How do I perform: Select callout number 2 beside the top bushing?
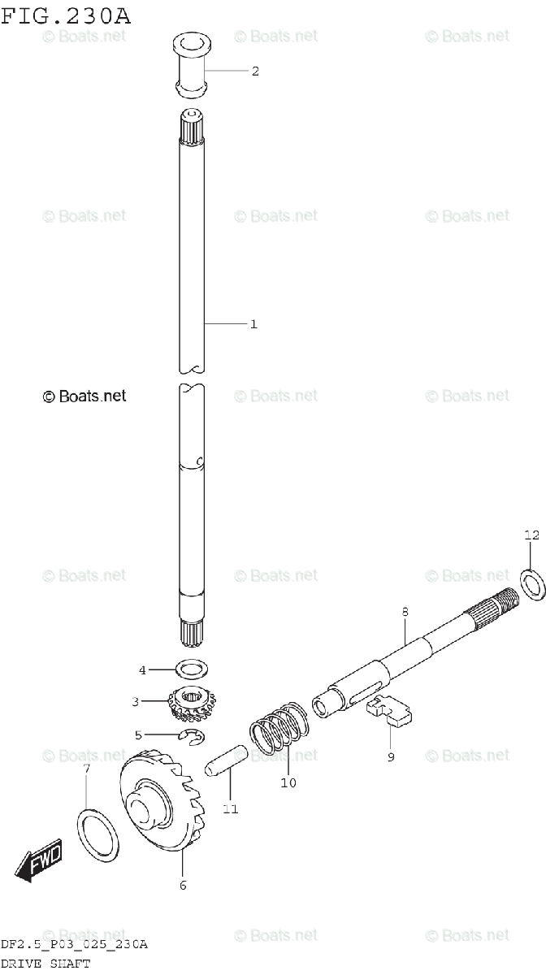click(254, 71)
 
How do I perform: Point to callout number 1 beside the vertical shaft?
click(253, 324)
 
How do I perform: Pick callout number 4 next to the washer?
click(142, 670)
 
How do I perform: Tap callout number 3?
click(136, 701)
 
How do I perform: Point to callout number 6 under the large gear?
click(183, 885)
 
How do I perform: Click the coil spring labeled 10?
click(279, 726)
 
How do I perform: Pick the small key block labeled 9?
click(389, 710)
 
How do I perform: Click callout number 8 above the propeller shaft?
click(405, 612)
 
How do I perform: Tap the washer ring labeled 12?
click(531, 586)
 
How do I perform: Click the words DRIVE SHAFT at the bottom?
click(45, 964)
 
